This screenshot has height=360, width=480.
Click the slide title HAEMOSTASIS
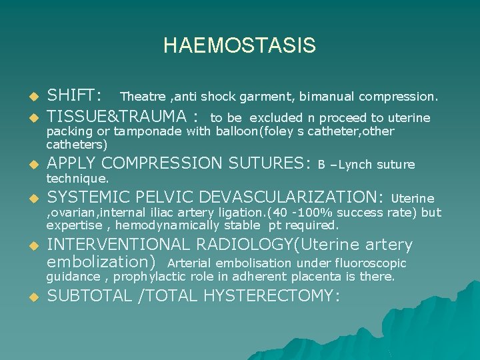coord(239,46)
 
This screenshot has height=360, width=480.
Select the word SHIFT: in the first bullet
coord(74,96)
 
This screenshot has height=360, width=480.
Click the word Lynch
coord(355,165)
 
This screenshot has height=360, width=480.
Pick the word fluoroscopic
coord(374,263)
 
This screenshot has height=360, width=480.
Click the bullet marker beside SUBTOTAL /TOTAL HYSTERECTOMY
coord(31,297)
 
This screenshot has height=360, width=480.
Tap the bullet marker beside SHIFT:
coord(31,97)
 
